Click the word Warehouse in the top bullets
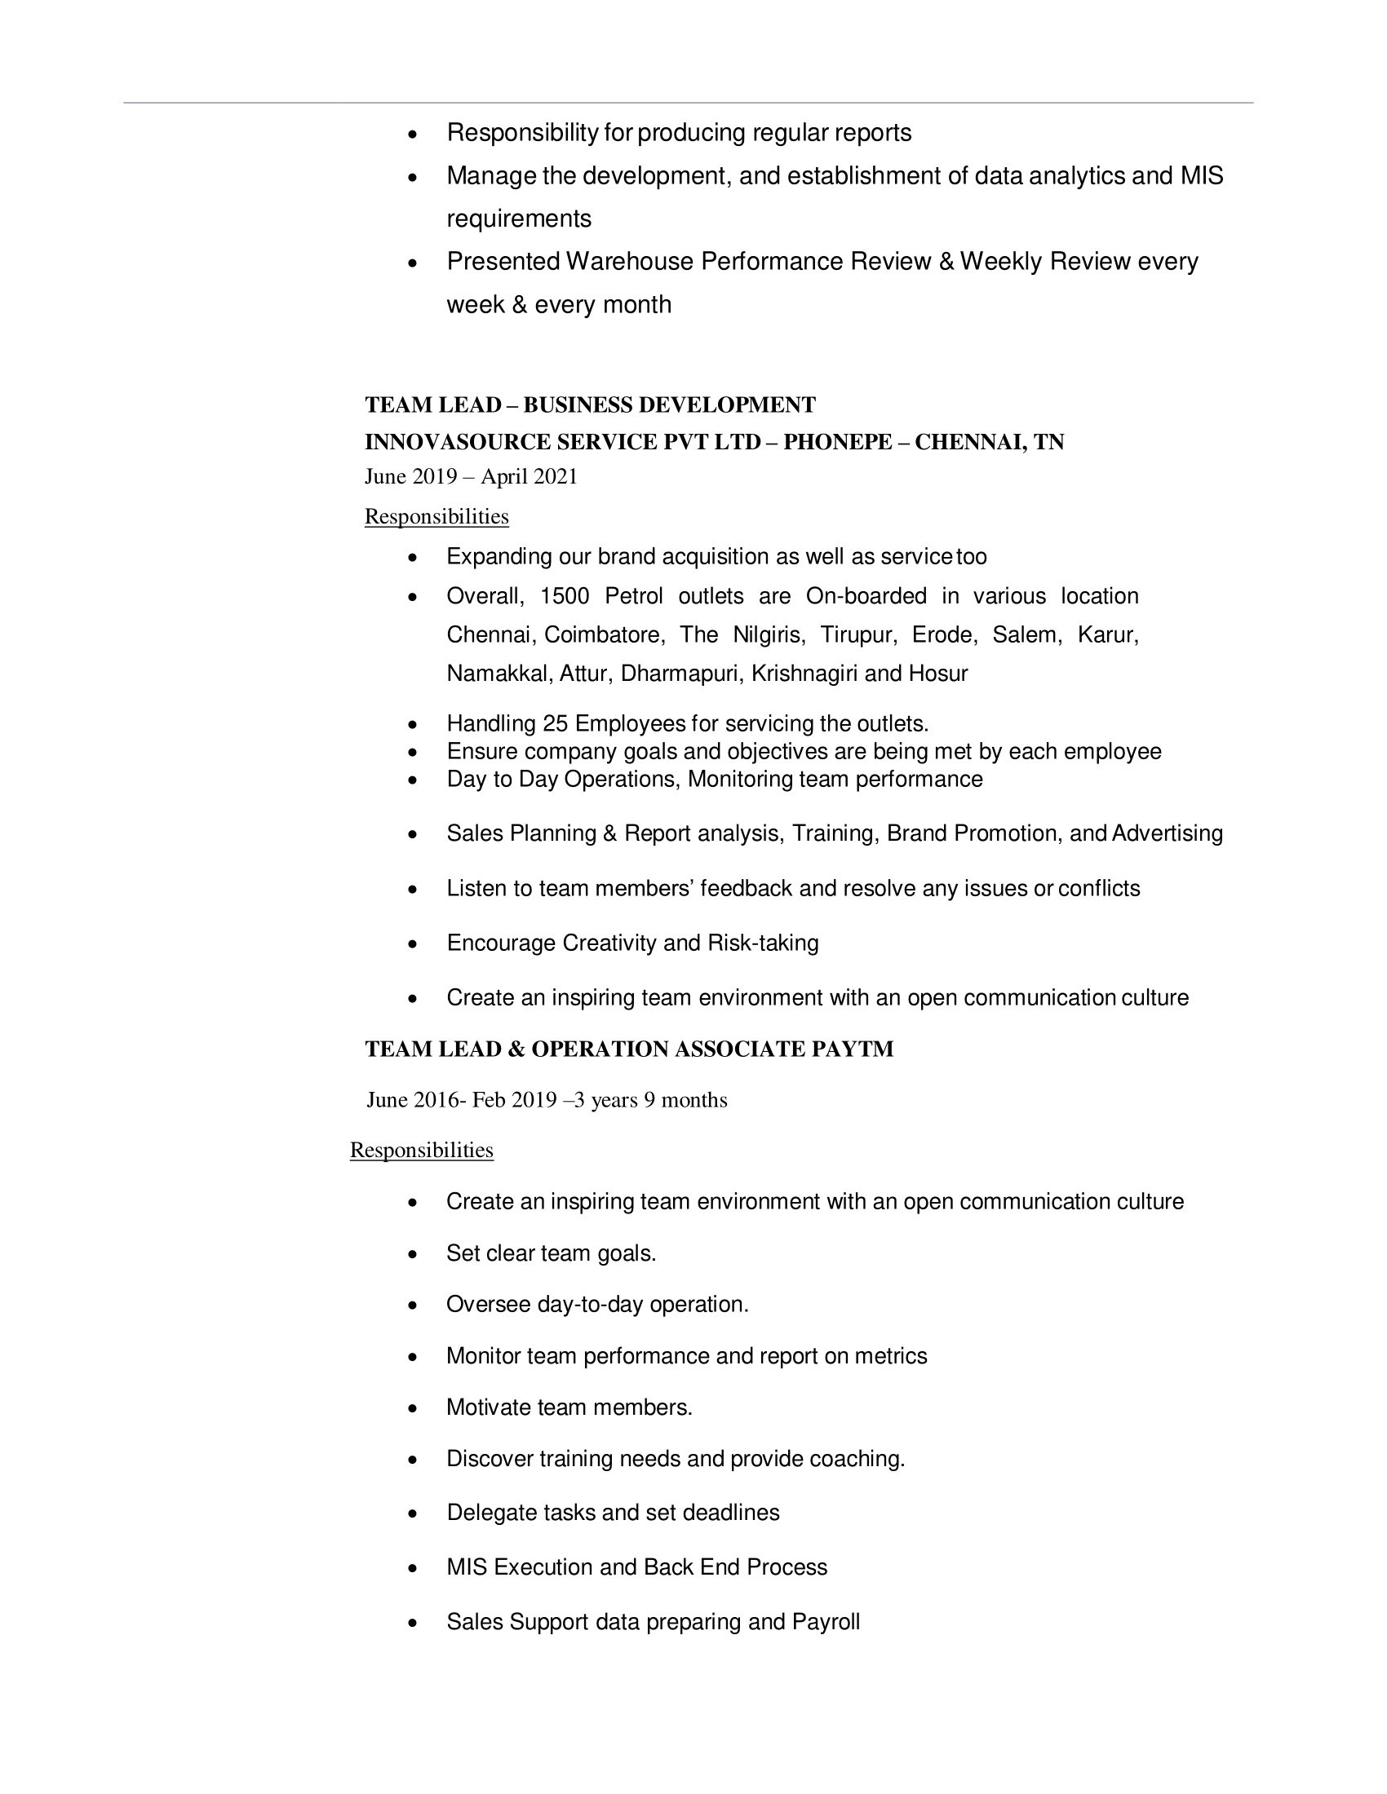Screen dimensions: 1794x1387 [x=629, y=261]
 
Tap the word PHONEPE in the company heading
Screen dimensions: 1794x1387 [x=837, y=443]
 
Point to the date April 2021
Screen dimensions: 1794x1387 [x=530, y=476]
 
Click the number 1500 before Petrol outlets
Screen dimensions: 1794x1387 [x=565, y=595]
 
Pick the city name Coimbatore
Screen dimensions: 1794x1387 [x=604, y=635]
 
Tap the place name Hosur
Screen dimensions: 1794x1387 [x=937, y=674]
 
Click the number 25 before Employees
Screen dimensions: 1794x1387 [x=555, y=723]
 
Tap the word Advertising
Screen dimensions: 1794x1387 [x=1167, y=833]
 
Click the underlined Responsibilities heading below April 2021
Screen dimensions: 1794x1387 [x=436, y=517]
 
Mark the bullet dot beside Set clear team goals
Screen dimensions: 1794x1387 [x=414, y=1255]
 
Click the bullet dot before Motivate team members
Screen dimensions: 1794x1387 [x=414, y=1410]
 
